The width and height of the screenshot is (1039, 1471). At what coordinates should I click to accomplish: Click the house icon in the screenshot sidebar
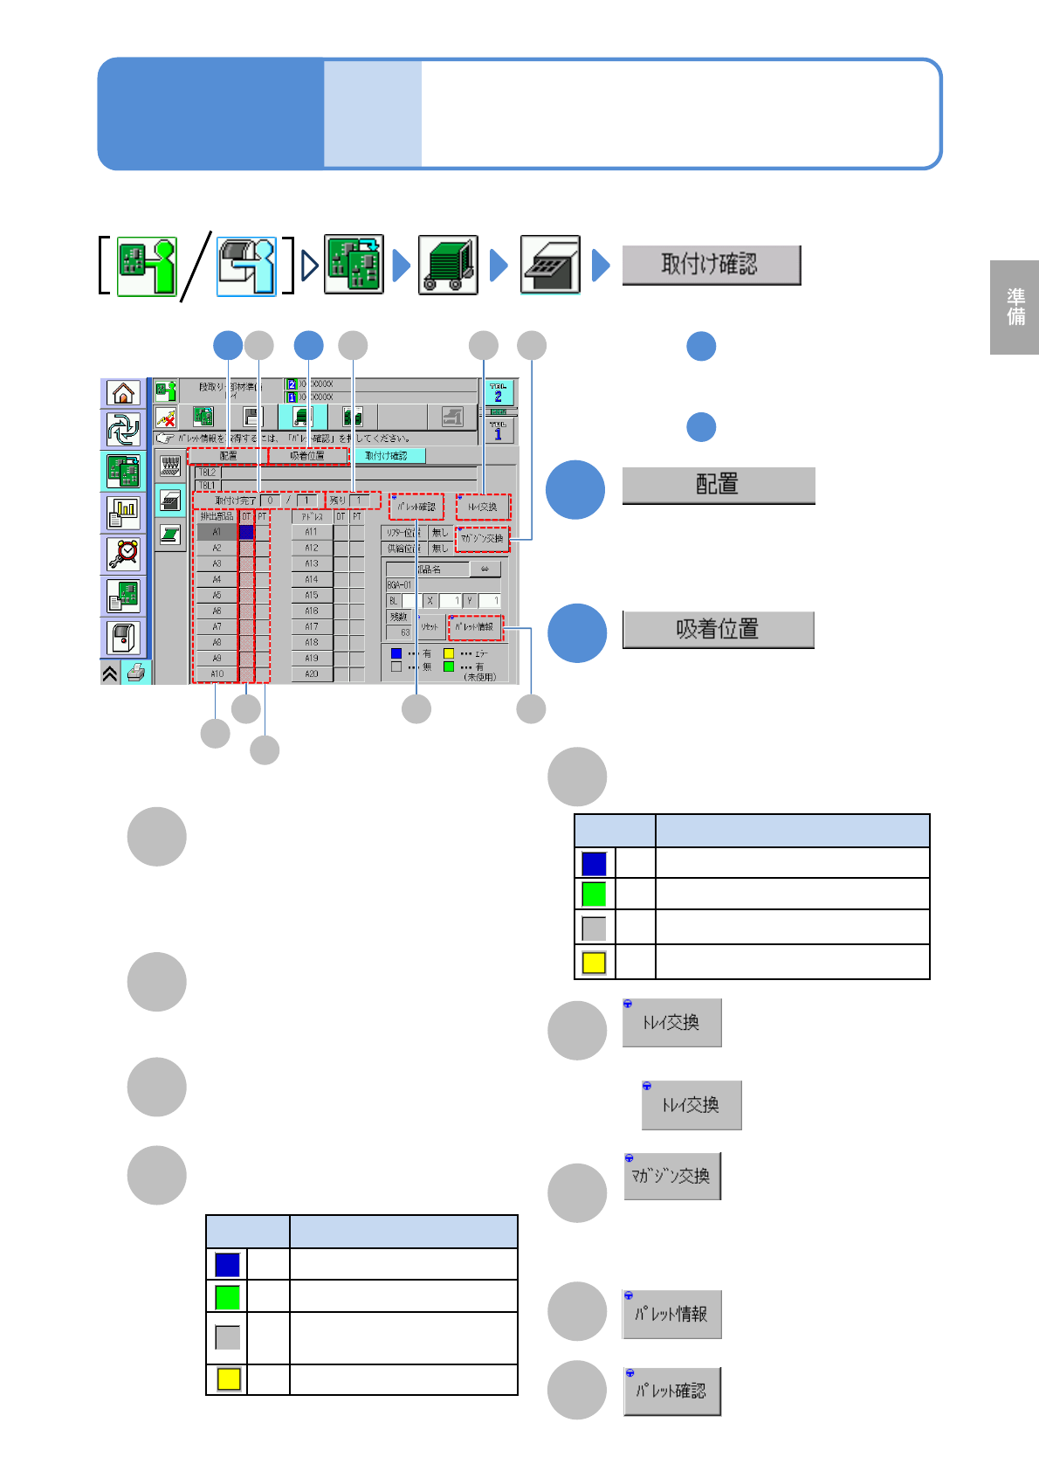coord(123,394)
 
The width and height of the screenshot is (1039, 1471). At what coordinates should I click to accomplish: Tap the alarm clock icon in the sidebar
coord(123,554)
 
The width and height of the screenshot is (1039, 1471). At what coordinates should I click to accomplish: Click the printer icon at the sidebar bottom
coord(135,673)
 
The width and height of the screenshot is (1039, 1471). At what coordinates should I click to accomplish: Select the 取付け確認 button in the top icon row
coord(711,265)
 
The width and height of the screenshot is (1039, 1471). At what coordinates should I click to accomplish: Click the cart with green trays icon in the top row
coord(448,265)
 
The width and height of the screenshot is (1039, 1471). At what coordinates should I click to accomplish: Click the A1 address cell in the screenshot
coord(217,532)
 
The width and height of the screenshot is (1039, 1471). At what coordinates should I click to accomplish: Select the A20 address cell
coord(312,674)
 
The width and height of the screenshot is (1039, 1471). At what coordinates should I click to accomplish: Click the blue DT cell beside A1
coord(246,532)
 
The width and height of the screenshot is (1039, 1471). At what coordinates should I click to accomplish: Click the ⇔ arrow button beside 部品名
coord(485,570)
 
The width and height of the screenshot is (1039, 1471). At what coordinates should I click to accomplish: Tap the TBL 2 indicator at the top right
coord(498,392)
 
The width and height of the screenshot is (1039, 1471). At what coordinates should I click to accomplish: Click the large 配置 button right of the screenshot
coord(718,485)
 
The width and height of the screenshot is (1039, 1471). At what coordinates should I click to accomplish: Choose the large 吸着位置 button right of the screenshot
coord(718,629)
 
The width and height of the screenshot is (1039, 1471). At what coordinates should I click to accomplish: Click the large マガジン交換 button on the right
coord(671,1176)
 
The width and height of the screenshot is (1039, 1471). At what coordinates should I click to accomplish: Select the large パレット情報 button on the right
coord(671,1314)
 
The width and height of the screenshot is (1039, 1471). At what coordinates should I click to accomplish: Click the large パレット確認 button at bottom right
coord(671,1391)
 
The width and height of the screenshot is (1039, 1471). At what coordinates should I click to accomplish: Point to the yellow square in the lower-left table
coord(228,1379)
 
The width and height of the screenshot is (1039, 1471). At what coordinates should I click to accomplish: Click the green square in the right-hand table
coord(594,894)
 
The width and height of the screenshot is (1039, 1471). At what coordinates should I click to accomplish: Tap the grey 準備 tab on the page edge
coord(1015,307)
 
